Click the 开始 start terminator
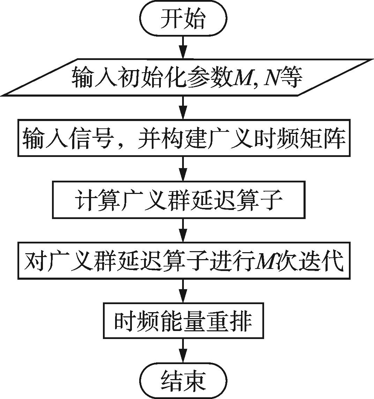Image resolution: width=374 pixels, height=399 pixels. (x=183, y=19)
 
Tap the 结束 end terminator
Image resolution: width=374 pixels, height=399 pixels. (x=183, y=380)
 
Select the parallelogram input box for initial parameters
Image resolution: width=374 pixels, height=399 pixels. (x=187, y=77)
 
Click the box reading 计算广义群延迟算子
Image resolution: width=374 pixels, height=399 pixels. (x=179, y=200)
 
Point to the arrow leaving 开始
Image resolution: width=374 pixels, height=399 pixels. (x=183, y=47)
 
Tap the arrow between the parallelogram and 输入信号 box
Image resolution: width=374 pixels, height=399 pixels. (x=183, y=108)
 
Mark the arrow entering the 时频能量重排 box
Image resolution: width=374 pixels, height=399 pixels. (x=183, y=291)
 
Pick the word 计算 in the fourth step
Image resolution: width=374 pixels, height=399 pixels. (x=95, y=200)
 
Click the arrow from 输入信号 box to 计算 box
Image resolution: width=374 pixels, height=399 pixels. (x=183, y=170)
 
